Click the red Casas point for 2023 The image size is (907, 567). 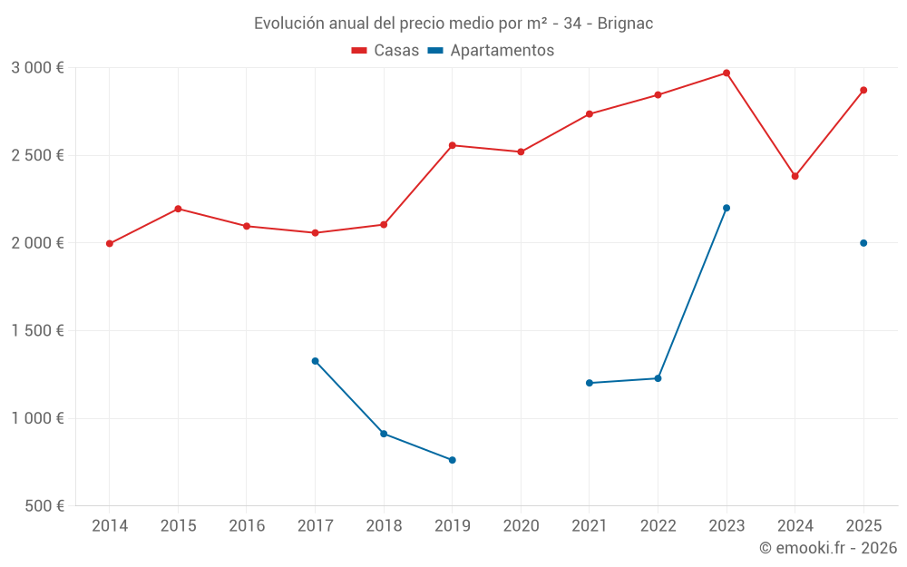click(727, 73)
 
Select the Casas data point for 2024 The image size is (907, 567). click(795, 176)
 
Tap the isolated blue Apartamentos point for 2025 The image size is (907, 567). click(863, 243)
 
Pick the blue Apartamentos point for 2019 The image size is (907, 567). click(453, 460)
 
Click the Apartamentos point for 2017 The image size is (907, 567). click(315, 361)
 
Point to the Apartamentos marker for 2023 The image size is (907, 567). click(727, 208)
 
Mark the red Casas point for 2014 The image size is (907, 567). click(110, 243)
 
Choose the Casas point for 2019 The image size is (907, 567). click(453, 145)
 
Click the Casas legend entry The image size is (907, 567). click(385, 51)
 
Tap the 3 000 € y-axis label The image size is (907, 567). click(37, 68)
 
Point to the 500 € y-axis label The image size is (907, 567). click(44, 506)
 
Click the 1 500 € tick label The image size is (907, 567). click(37, 331)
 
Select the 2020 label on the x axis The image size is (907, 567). click(521, 526)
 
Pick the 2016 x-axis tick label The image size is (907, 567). click(247, 526)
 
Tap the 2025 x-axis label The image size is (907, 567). click(863, 526)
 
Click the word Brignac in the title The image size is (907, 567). click(625, 24)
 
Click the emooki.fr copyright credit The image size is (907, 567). click(828, 548)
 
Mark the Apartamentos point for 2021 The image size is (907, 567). click(590, 383)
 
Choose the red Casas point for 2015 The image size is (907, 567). click(178, 209)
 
